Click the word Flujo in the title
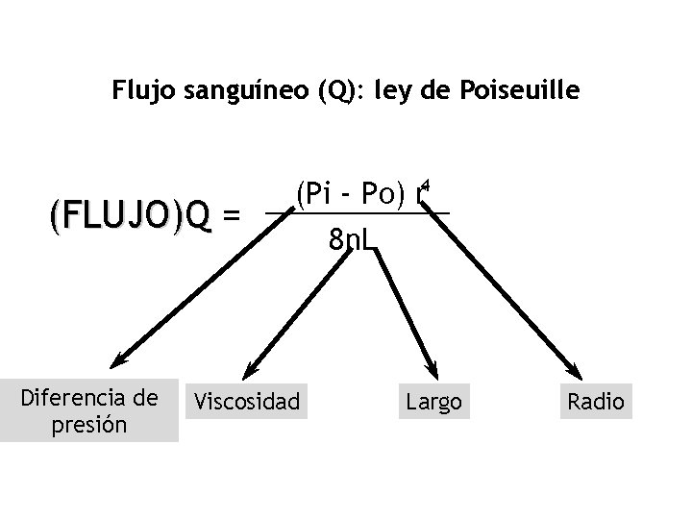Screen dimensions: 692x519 (x=140, y=91)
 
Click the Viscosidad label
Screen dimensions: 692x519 (x=247, y=400)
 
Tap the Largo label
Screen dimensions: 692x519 (x=433, y=401)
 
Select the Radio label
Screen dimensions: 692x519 (x=596, y=401)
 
